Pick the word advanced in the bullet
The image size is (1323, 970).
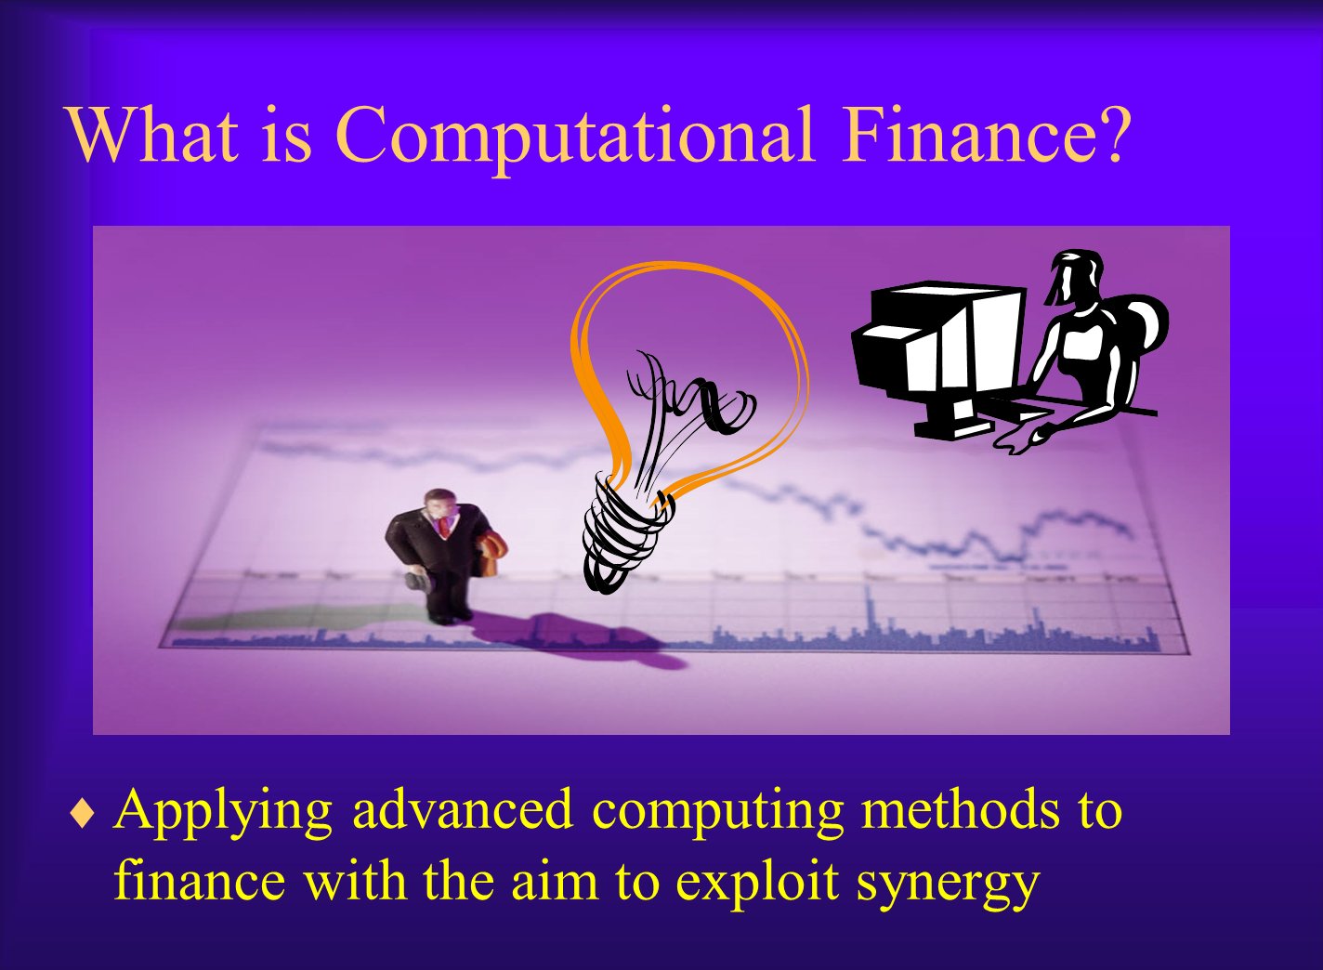463,810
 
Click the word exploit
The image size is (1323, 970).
757,882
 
